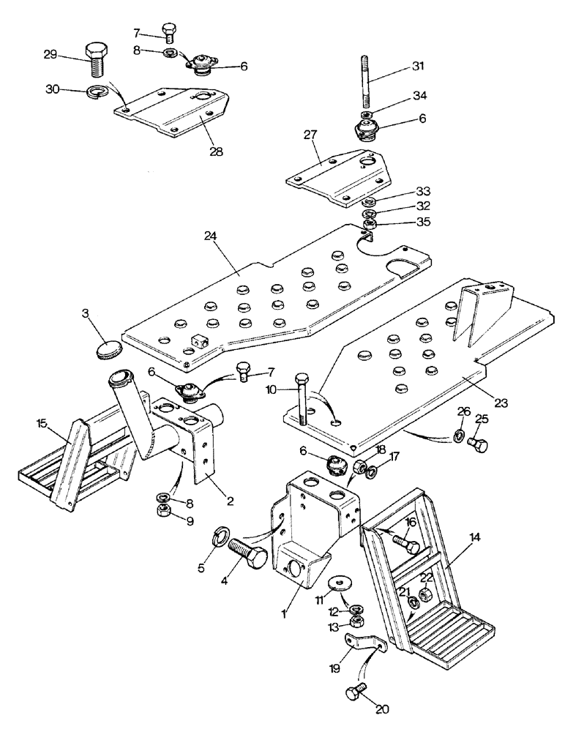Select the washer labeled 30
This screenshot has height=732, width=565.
pos(97,92)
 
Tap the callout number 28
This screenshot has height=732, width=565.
pos(195,152)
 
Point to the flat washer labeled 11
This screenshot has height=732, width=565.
pos(337,583)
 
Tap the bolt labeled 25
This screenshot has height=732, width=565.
pos(479,444)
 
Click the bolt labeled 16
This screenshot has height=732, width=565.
pos(411,543)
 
